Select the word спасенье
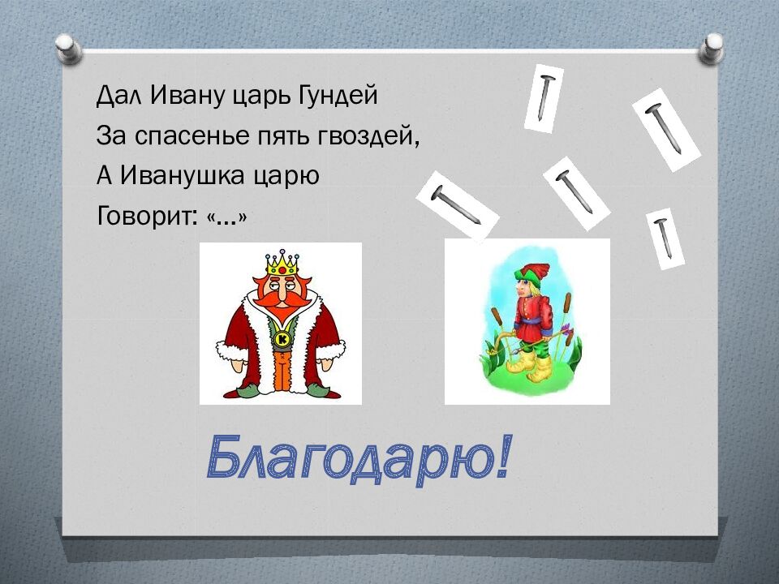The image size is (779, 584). click(x=192, y=135)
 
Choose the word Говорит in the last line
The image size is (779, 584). click(x=144, y=215)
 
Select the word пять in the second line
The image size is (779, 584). click(x=277, y=135)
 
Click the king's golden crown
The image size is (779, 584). click(x=281, y=263)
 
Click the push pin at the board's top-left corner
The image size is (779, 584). click(x=68, y=47)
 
